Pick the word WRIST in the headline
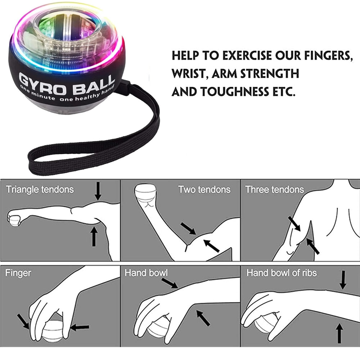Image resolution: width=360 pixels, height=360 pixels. point(189,74)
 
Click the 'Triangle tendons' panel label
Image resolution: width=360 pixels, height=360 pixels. point(40,189)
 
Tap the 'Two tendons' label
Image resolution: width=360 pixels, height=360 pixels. point(204,189)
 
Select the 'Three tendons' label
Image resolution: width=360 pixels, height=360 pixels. point(274,189)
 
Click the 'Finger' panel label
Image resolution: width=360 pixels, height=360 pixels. point(18,273)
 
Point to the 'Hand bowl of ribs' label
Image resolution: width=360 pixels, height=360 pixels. point(282,273)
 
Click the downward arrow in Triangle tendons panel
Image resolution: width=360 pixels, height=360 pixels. point(98,191)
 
